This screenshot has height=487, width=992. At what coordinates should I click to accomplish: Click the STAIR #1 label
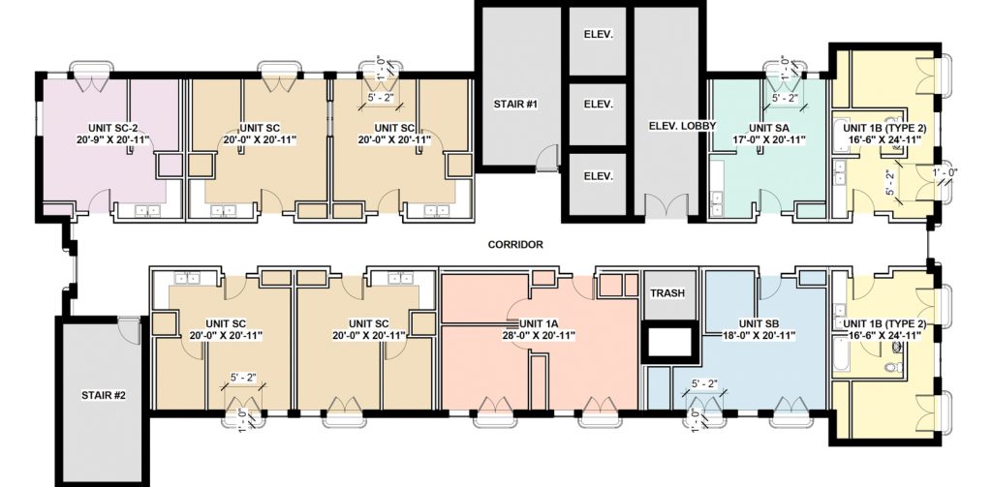click(515, 104)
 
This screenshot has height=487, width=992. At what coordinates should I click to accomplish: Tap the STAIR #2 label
click(104, 396)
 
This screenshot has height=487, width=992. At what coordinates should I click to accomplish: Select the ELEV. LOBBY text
click(682, 126)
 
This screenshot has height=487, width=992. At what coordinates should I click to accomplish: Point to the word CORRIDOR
click(515, 245)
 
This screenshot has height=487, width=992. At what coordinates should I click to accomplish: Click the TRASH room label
click(667, 293)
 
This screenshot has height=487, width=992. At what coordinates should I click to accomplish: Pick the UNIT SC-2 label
click(111, 127)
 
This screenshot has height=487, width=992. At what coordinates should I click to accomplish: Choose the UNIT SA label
click(768, 127)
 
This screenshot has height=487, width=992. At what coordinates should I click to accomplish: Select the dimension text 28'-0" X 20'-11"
click(539, 336)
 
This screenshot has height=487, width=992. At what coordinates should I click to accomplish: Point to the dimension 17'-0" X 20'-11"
click(768, 139)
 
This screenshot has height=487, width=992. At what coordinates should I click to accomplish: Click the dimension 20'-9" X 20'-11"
click(111, 139)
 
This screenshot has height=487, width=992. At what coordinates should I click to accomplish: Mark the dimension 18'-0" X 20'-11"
click(759, 336)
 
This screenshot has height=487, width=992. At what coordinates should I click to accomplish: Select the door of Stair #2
click(129, 330)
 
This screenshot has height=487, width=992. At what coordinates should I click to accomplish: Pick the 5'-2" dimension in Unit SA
click(785, 98)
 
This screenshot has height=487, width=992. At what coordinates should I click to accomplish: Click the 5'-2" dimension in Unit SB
click(704, 384)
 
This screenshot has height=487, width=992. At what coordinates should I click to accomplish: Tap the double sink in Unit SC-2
click(148, 211)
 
